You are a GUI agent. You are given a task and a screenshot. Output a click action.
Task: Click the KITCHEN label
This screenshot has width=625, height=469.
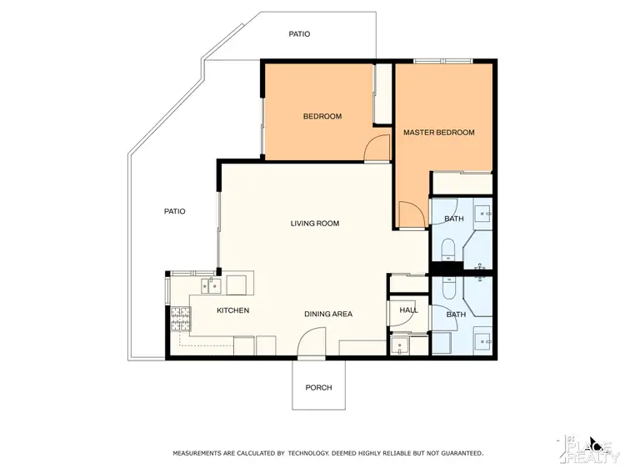[232, 310]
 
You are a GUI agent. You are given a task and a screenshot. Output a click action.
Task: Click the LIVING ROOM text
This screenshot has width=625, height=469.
[314, 224]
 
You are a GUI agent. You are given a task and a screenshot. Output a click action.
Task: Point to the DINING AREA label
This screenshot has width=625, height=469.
[327, 314]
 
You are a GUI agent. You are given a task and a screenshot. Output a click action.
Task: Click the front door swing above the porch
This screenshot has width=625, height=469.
[311, 342]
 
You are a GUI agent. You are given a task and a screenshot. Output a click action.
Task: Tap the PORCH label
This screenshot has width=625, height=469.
[318, 387]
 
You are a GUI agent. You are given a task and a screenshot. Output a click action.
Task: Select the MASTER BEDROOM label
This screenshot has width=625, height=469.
[438, 133]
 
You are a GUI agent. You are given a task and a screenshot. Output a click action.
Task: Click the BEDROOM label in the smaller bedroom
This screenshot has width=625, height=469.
[322, 117]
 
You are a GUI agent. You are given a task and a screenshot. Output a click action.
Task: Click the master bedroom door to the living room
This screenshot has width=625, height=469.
[411, 215]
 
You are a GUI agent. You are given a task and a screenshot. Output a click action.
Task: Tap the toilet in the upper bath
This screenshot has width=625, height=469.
[447, 250]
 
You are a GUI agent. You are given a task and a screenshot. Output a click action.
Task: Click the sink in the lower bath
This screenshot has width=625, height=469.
[482, 340]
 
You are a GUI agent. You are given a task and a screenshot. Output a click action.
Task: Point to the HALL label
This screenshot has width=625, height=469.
[408, 310]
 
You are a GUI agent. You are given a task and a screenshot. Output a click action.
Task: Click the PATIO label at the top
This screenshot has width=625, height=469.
[299, 34]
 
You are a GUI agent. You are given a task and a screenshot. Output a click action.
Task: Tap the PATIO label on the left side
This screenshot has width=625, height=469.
[174, 211]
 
